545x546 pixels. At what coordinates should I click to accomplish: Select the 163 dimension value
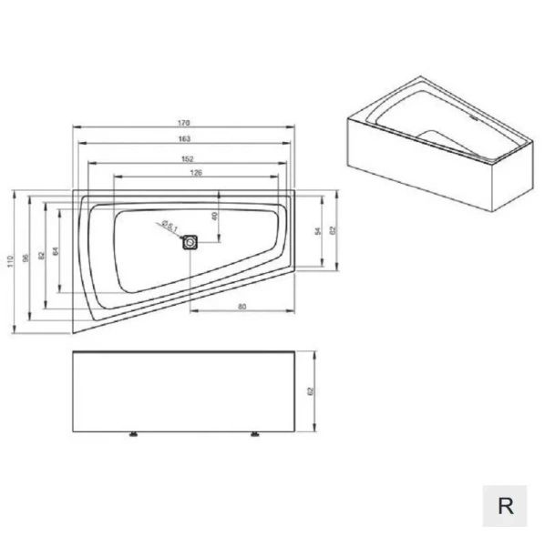click(184, 138)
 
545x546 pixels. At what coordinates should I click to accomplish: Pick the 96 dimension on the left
click(26, 257)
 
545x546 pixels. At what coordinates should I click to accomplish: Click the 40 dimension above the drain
click(215, 217)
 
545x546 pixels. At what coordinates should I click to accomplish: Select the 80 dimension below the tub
click(242, 307)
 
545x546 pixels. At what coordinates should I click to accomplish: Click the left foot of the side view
click(134, 434)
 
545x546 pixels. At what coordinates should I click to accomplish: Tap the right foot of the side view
click(252, 434)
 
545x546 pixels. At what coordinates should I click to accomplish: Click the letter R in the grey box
click(505, 506)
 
